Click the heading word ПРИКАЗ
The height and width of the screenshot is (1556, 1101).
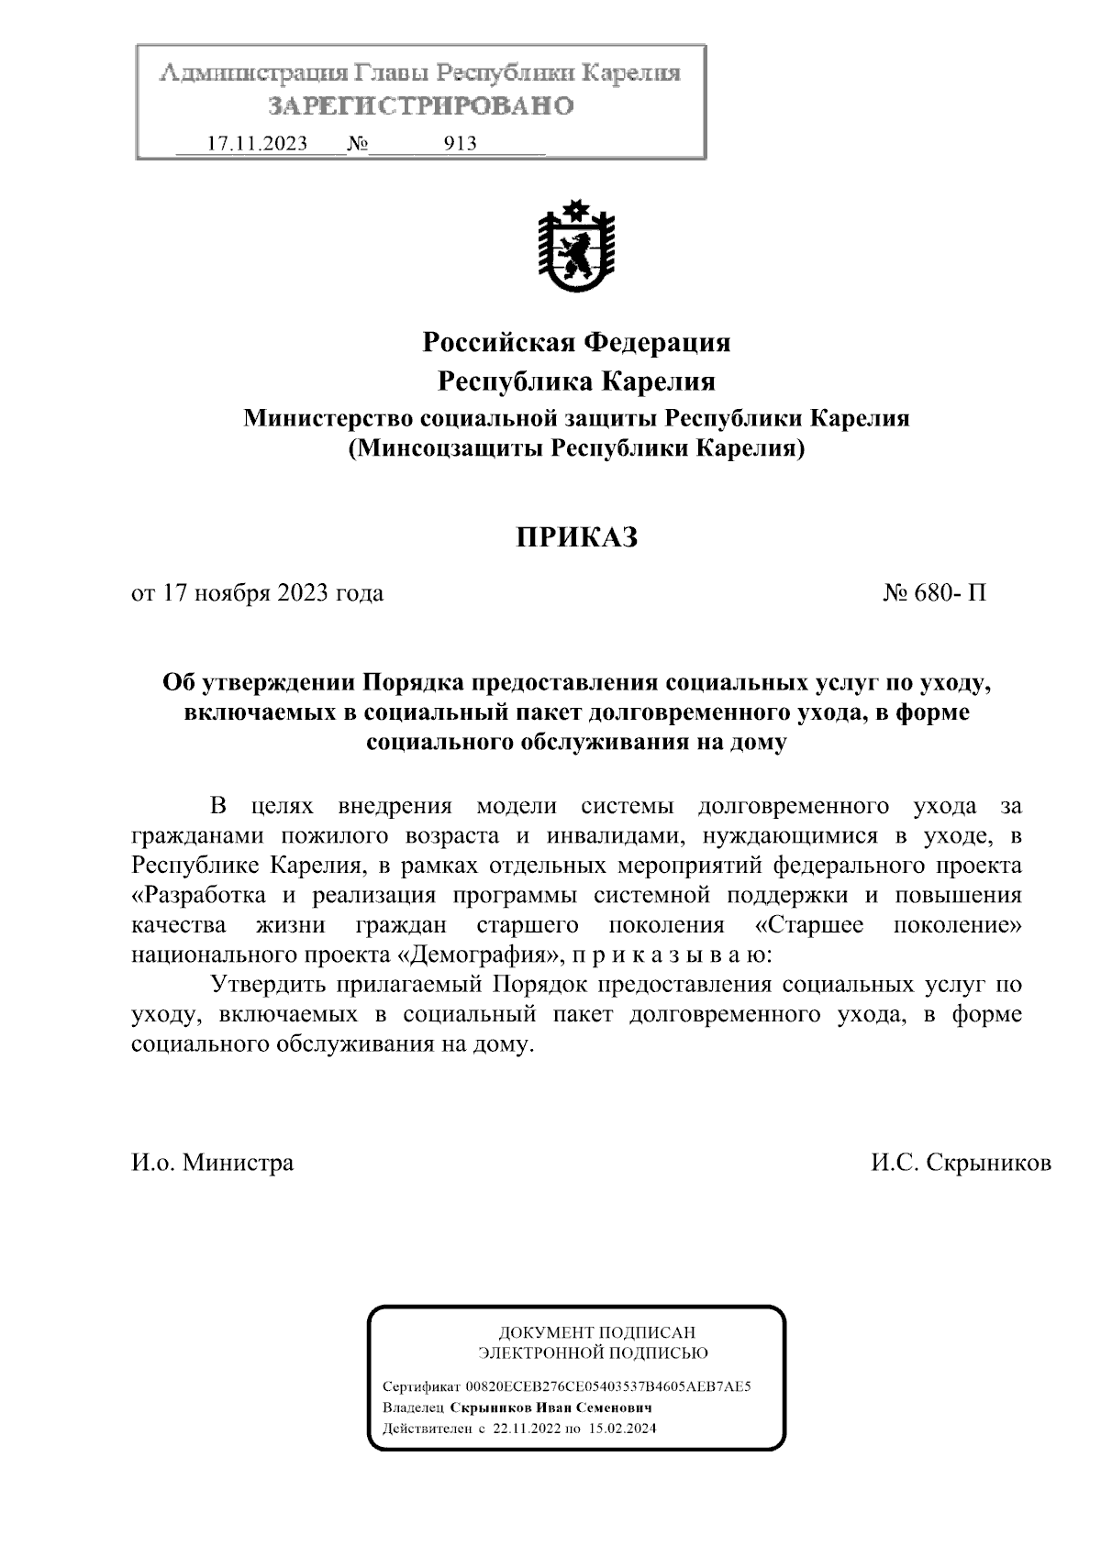(x=575, y=537)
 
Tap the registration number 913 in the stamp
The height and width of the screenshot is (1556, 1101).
(x=460, y=144)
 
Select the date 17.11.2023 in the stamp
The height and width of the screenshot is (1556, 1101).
(x=257, y=144)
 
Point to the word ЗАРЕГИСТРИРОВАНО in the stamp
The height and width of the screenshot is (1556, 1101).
(x=420, y=106)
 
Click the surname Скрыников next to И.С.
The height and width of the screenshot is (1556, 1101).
(x=990, y=1163)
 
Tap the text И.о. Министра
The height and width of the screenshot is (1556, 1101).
(x=213, y=1163)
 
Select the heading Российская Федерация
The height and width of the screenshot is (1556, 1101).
(x=576, y=343)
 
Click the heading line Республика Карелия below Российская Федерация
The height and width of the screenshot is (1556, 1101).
(x=576, y=381)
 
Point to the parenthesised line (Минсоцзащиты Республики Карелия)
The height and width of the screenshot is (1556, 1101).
(x=576, y=449)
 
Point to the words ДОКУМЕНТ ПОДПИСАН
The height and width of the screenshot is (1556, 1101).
(x=596, y=1332)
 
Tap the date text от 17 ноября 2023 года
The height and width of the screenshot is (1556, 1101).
(x=258, y=593)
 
